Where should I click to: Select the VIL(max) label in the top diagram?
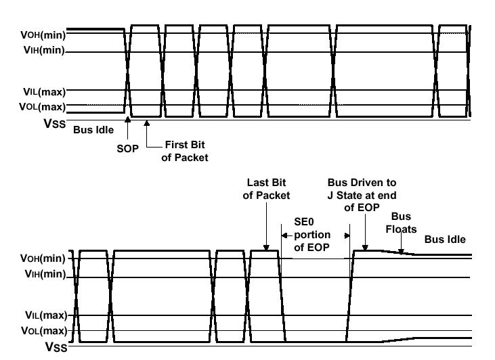pyautogui.click(x=44, y=91)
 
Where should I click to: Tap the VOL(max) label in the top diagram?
pyautogui.click(x=43, y=106)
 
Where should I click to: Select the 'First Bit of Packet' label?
pyautogui.click(x=184, y=151)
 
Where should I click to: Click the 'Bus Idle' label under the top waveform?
pyautogui.click(x=93, y=129)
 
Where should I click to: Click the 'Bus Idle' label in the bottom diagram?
pyautogui.click(x=445, y=239)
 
